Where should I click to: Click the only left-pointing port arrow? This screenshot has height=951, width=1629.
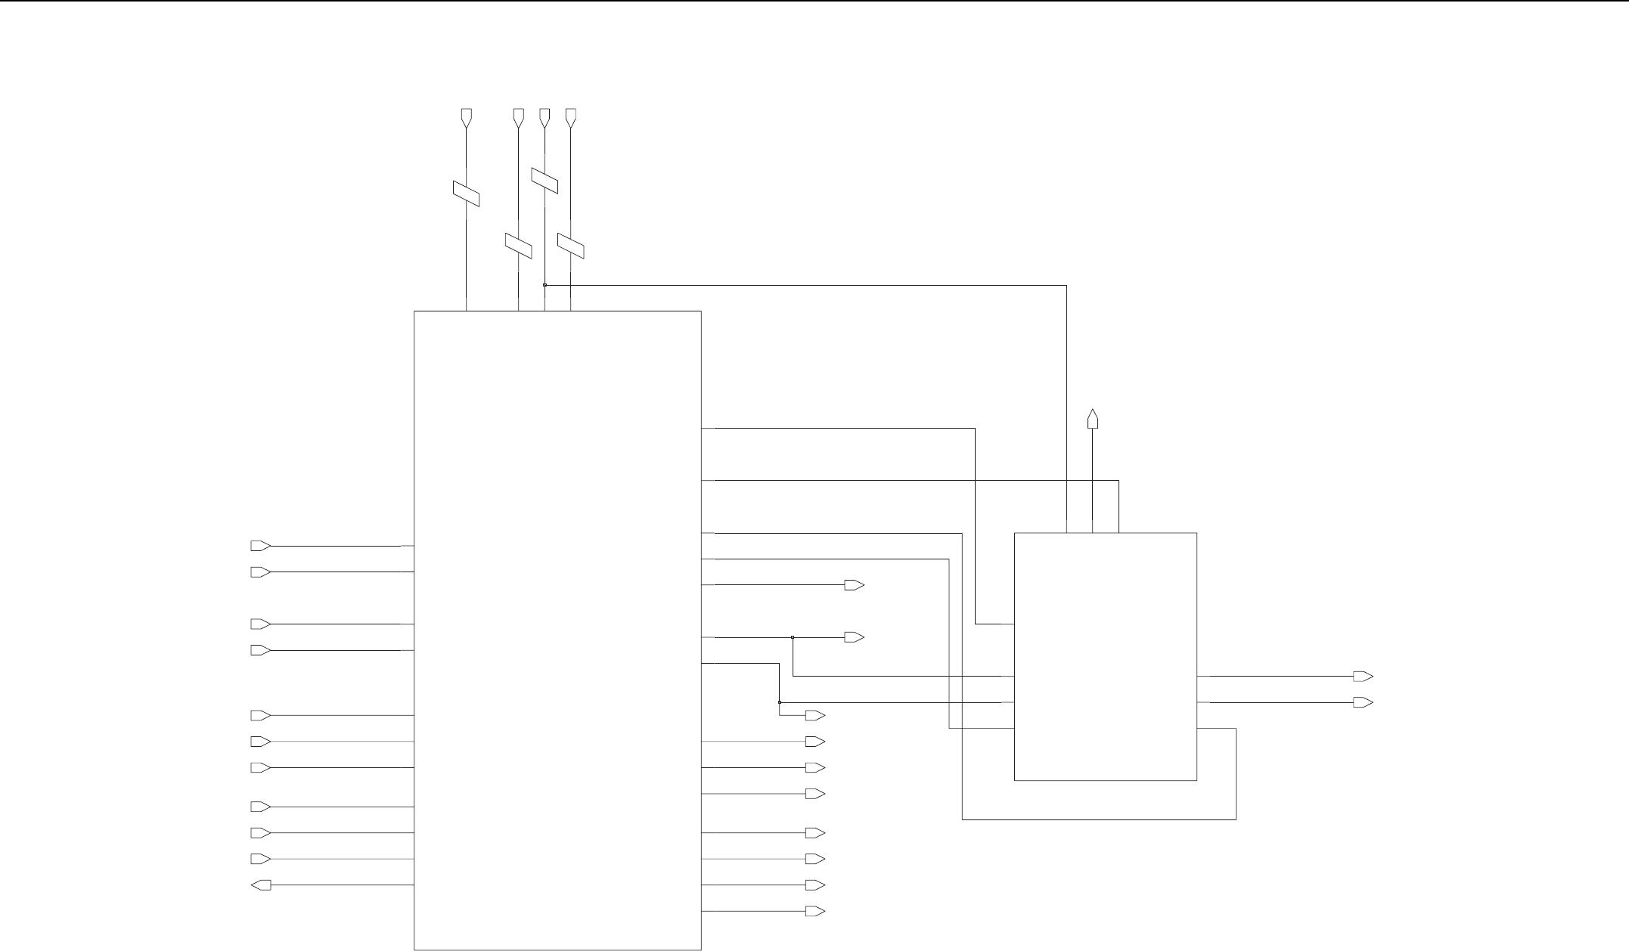click(261, 885)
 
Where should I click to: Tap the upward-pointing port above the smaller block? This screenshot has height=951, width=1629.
click(1092, 419)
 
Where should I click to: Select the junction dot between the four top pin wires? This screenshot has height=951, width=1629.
click(545, 285)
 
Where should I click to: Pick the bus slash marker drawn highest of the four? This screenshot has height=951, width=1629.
click(545, 180)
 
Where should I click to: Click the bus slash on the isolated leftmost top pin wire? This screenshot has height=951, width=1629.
click(466, 194)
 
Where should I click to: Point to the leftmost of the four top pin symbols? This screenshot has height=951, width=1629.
click(466, 117)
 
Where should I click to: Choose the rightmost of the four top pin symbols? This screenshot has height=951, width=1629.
click(570, 117)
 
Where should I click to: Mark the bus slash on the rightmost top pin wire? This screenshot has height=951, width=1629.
click(571, 246)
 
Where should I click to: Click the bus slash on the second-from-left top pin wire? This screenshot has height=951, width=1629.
click(518, 246)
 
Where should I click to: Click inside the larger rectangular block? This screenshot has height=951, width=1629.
click(557, 627)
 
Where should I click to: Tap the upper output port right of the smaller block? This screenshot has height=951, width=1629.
click(1363, 677)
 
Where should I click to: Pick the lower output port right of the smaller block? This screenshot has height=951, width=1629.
click(1363, 702)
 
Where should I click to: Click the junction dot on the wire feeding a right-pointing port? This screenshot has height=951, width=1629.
click(793, 637)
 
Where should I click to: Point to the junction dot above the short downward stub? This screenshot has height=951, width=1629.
click(780, 702)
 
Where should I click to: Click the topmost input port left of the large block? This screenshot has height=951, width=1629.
click(260, 546)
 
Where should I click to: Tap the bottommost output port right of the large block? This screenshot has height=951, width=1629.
click(814, 912)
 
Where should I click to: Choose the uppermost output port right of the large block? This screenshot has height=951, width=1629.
click(854, 585)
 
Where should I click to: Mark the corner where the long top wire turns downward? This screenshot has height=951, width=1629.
click(1066, 285)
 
